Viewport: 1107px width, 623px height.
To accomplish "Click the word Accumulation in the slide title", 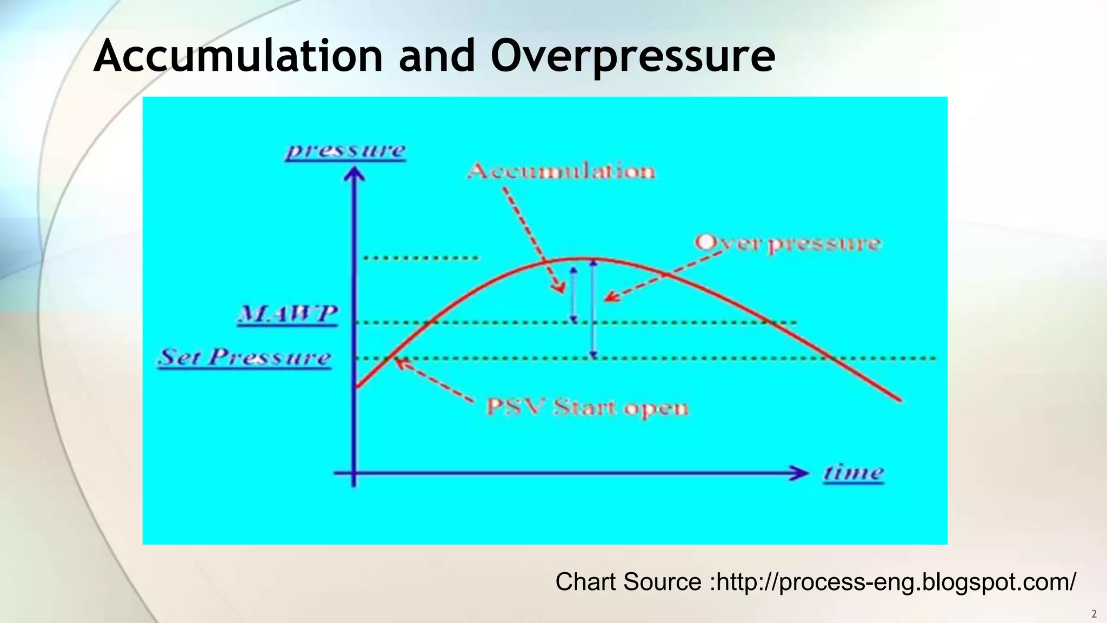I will (x=238, y=56).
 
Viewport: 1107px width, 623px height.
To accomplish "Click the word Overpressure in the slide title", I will (x=632, y=56).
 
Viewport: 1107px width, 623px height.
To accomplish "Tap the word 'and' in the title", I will (x=437, y=56).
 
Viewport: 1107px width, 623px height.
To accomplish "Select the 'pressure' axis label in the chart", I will (x=345, y=150).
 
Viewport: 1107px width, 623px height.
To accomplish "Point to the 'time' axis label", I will (x=853, y=473).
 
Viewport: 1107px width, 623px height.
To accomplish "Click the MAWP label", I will (x=288, y=314).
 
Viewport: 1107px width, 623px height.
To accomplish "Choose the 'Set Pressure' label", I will (x=244, y=357).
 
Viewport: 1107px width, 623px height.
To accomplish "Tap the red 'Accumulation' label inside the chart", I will (x=561, y=171).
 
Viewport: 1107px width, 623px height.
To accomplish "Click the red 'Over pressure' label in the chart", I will (x=788, y=243).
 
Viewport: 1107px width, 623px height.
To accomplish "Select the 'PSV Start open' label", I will (x=587, y=407).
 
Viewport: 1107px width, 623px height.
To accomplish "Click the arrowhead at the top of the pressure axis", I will (x=354, y=173).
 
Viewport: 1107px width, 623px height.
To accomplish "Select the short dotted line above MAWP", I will (x=421, y=258).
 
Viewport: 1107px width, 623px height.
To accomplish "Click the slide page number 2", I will (x=1094, y=614).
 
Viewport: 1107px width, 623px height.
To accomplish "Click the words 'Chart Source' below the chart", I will (x=628, y=582).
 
